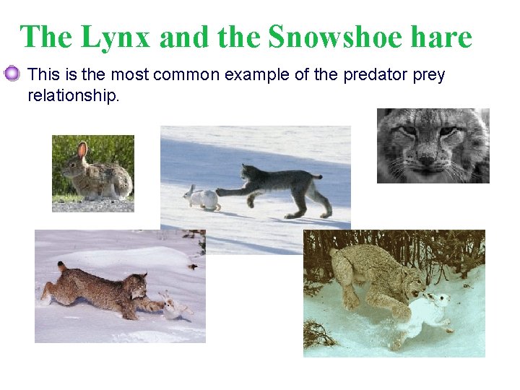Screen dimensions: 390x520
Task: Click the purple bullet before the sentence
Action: tap(12, 74)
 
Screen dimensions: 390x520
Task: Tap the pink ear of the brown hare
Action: tap(82, 150)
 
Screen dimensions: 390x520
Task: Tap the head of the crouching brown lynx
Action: tap(136, 287)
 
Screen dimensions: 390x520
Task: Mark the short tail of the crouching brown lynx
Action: tap(62, 268)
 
